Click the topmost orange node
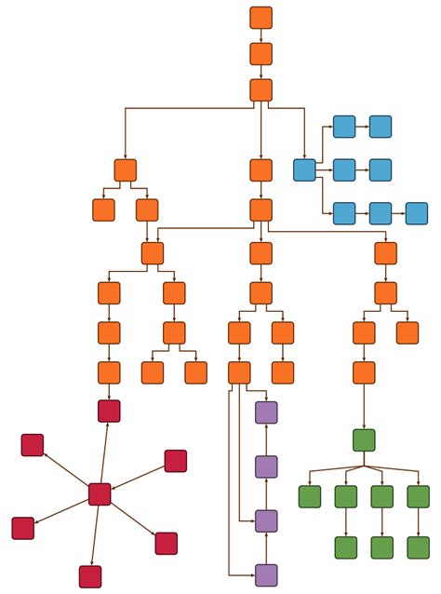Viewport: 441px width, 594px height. coord(261,18)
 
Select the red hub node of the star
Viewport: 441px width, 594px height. coord(100,494)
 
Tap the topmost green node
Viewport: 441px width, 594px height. coord(364,440)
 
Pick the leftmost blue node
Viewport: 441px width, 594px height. coord(304,169)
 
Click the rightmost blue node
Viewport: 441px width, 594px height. coord(417,213)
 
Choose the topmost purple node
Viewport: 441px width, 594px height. coord(266,412)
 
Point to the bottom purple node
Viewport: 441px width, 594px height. coord(266,575)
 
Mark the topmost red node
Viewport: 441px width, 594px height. coord(109,411)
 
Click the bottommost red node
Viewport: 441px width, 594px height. coord(90,576)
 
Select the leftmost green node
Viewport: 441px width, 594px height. coord(310,496)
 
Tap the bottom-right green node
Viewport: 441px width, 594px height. coord(418,547)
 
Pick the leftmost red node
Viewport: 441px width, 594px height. coord(23,528)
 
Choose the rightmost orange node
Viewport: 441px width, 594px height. coord(407,332)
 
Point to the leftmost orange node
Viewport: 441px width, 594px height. coord(103,209)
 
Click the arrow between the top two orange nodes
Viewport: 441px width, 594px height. coord(261,35)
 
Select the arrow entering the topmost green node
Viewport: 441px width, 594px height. coord(364,410)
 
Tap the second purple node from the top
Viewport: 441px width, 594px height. coord(266,466)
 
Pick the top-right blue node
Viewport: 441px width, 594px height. coord(380,127)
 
